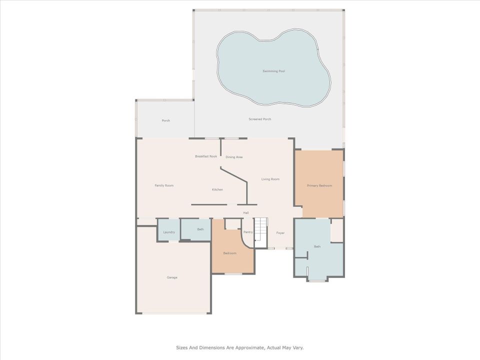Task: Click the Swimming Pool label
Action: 274,71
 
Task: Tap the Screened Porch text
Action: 260,119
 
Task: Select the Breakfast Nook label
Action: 206,156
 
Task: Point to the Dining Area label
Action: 234,157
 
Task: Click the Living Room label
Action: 270,179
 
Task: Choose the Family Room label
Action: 164,185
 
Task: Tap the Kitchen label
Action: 217,189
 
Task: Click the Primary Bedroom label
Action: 319,185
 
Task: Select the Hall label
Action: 246,213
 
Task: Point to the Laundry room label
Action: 169,232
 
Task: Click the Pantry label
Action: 247,232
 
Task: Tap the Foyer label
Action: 280,233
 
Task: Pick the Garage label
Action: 172,277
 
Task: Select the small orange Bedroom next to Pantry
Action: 229,253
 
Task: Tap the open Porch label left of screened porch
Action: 165,120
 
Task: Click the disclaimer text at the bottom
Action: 239,347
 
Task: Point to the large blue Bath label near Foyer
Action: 317,246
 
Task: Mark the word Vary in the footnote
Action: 297,347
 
